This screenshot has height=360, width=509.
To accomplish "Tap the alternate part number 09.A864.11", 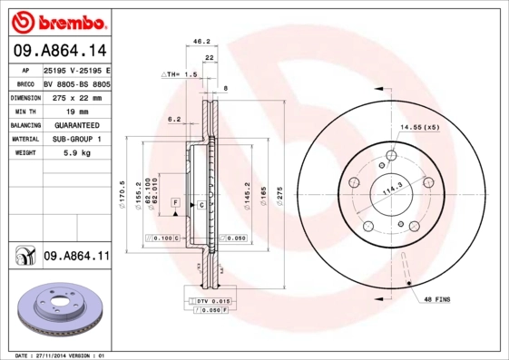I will [x=75, y=258].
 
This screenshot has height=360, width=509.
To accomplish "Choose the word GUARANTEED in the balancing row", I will [x=76, y=124].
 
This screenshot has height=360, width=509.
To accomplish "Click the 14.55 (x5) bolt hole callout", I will [x=420, y=127].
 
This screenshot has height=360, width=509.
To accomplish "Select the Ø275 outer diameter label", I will [x=280, y=194].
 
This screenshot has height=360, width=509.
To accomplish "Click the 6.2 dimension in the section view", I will [x=175, y=119].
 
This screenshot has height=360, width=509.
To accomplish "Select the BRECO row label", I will [x=26, y=83].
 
